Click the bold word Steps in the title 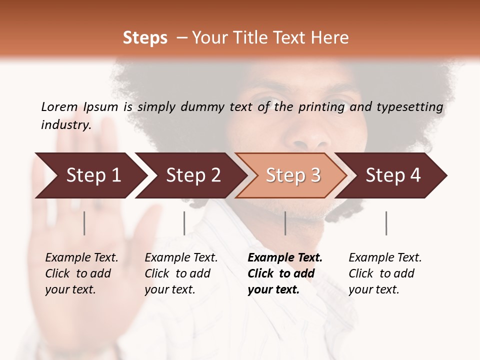tap(145, 38)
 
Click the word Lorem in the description tap(59, 106)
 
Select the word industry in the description tap(65, 125)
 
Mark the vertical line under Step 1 tap(84, 223)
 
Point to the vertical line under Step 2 tap(184, 223)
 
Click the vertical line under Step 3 tap(285, 223)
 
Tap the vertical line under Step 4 tap(386, 223)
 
